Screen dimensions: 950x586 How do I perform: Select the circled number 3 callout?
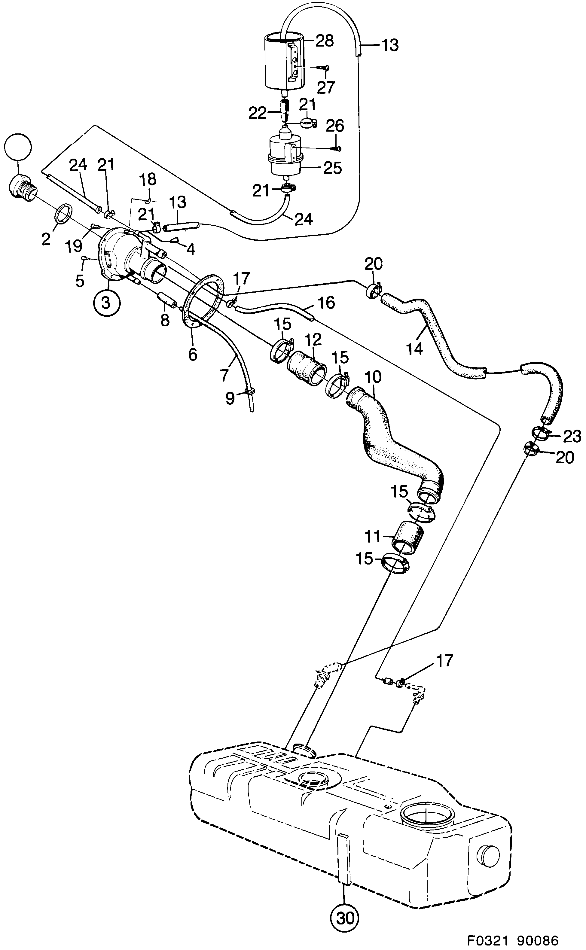106,302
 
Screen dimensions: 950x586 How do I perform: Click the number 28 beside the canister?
324,40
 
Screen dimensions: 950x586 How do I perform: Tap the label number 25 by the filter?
333,168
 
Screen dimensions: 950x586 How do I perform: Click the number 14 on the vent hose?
415,349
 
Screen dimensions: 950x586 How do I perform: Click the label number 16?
326,303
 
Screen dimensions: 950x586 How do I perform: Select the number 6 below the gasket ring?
193,354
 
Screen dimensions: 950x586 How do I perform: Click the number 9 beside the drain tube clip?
230,399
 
